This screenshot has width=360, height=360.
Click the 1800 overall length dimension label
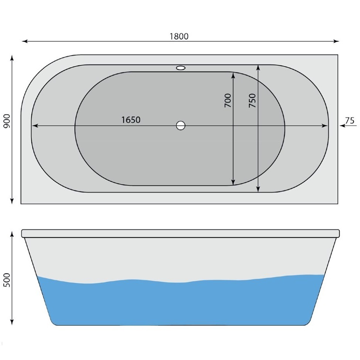pyautogui.click(x=179, y=36)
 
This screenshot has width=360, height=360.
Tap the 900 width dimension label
pyautogui.click(x=6, y=121)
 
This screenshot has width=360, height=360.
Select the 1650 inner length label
pyautogui.click(x=131, y=120)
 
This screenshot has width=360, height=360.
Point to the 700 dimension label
pyautogui.click(x=228, y=101)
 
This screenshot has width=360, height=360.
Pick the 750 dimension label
pyautogui.click(x=252, y=101)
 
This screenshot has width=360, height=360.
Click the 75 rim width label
pyautogui.click(x=350, y=120)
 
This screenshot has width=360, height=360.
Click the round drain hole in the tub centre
pyautogui.click(x=180, y=126)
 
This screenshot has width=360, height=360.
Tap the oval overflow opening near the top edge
pyautogui.click(x=181, y=68)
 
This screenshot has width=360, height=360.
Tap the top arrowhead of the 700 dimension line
pyautogui.click(x=233, y=75)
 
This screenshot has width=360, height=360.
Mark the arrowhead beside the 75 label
pyautogui.click(x=342, y=126)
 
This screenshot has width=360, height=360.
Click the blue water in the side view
pyautogui.click(x=181, y=303)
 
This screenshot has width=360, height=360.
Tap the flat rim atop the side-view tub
pyautogui.click(x=180, y=233)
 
